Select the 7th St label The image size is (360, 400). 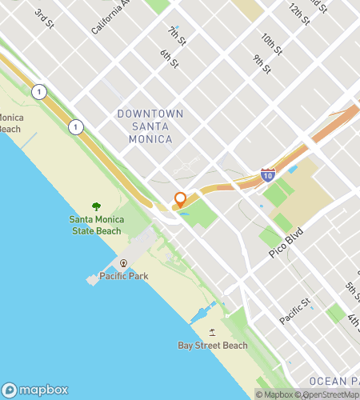pos(176,35)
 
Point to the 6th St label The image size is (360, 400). pos(169,58)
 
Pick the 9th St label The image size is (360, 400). pos(262,64)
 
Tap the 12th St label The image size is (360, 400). pos(298,14)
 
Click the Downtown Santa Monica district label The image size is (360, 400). pos(150,126)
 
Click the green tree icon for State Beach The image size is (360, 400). pos(97,207)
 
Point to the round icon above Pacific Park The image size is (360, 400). pos(123,263)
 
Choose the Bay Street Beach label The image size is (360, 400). pos(212,346)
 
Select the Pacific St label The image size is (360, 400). pos(294,312)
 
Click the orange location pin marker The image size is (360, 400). pos(181,199)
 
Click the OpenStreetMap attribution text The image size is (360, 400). pos(329,394)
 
